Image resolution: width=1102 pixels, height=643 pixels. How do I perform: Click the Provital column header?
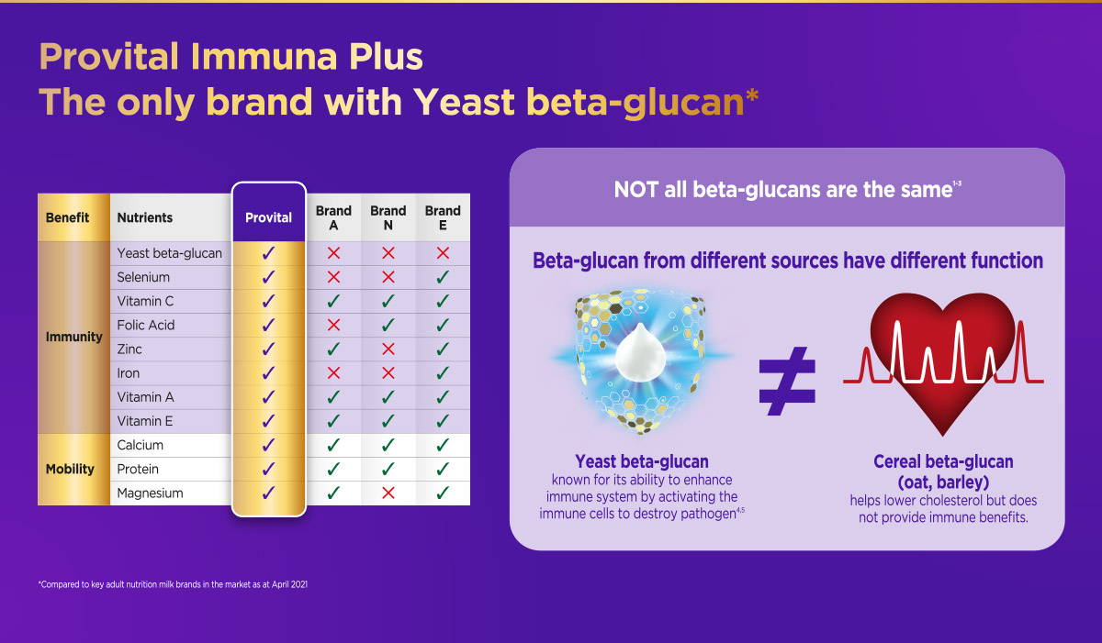pos(268,217)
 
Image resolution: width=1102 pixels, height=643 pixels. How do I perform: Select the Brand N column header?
pos(388,217)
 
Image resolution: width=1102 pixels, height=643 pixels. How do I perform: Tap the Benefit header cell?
pos(67,217)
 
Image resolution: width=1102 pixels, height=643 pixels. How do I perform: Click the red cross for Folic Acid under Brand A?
pos(333,325)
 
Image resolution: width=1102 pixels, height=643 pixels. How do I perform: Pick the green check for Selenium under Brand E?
pos(443,277)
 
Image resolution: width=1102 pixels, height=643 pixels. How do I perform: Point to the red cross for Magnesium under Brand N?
pos(388,493)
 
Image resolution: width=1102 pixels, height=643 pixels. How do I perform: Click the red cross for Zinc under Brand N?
pos(388,349)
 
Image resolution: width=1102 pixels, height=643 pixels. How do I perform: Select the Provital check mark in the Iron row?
pos(268,372)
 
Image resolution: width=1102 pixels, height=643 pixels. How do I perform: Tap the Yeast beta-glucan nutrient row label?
pos(169,253)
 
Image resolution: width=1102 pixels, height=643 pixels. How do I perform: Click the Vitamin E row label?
pos(145,421)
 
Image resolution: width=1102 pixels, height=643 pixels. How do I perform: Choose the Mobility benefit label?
pos(70,469)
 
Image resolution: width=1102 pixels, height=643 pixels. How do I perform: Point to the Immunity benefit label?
pos(73,337)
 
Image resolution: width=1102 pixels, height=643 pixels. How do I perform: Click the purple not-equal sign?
pos(787,382)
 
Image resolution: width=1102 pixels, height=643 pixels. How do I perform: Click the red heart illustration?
pos(942,363)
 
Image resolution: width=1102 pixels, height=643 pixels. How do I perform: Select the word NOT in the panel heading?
pos(636,190)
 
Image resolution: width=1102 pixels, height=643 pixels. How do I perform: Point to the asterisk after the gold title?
pos(752,94)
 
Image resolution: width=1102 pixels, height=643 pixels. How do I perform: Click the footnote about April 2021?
pos(173,584)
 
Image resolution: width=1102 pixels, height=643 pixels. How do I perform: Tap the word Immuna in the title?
pos(264,57)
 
